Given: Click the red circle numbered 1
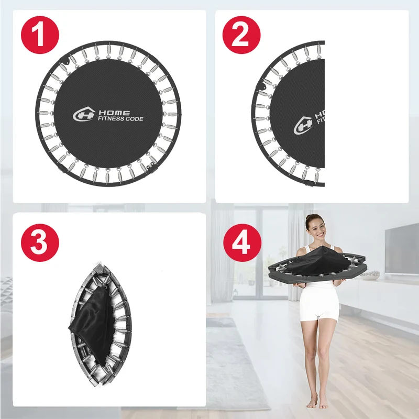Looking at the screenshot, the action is [x=40, y=35].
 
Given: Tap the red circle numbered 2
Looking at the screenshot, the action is [x=241, y=35].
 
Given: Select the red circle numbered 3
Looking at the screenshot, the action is [x=40, y=242].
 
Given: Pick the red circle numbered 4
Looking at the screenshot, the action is [x=242, y=242].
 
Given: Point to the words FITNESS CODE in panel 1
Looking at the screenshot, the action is [x=120, y=119].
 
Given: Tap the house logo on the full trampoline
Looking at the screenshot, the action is [x=84, y=114].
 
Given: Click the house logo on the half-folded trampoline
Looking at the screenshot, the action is [x=303, y=125].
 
